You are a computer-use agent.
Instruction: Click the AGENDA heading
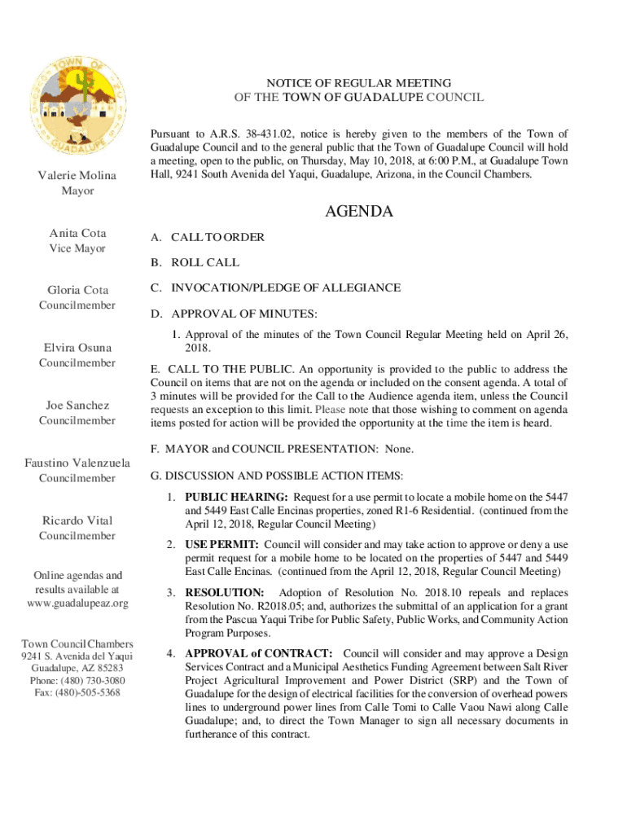(x=359, y=212)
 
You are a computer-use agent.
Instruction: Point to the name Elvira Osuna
(x=78, y=348)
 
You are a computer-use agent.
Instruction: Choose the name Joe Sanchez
(x=78, y=405)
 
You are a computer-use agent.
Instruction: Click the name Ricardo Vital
(x=78, y=520)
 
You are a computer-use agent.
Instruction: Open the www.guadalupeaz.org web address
(x=78, y=603)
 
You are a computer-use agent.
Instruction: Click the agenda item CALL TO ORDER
(x=217, y=237)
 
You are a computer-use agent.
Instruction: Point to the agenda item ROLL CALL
(x=205, y=262)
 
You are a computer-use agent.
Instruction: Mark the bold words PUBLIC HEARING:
(x=236, y=497)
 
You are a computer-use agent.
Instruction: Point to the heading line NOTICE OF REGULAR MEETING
(x=359, y=83)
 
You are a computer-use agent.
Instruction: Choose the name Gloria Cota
(x=78, y=290)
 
